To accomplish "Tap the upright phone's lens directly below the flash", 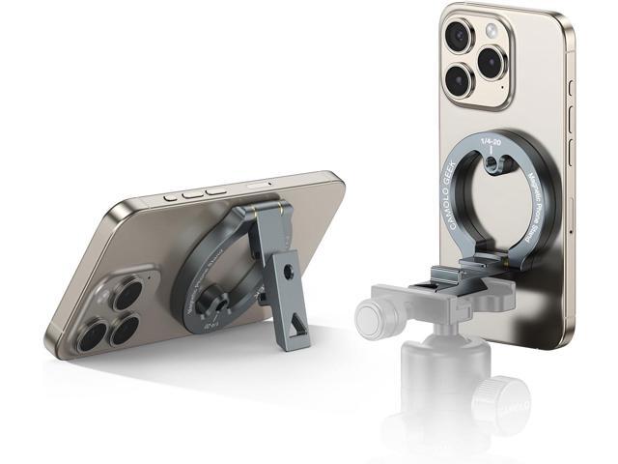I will (x=492, y=63).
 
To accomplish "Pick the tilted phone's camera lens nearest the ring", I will (x=127, y=296).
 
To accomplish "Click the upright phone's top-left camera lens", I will (x=457, y=36).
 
